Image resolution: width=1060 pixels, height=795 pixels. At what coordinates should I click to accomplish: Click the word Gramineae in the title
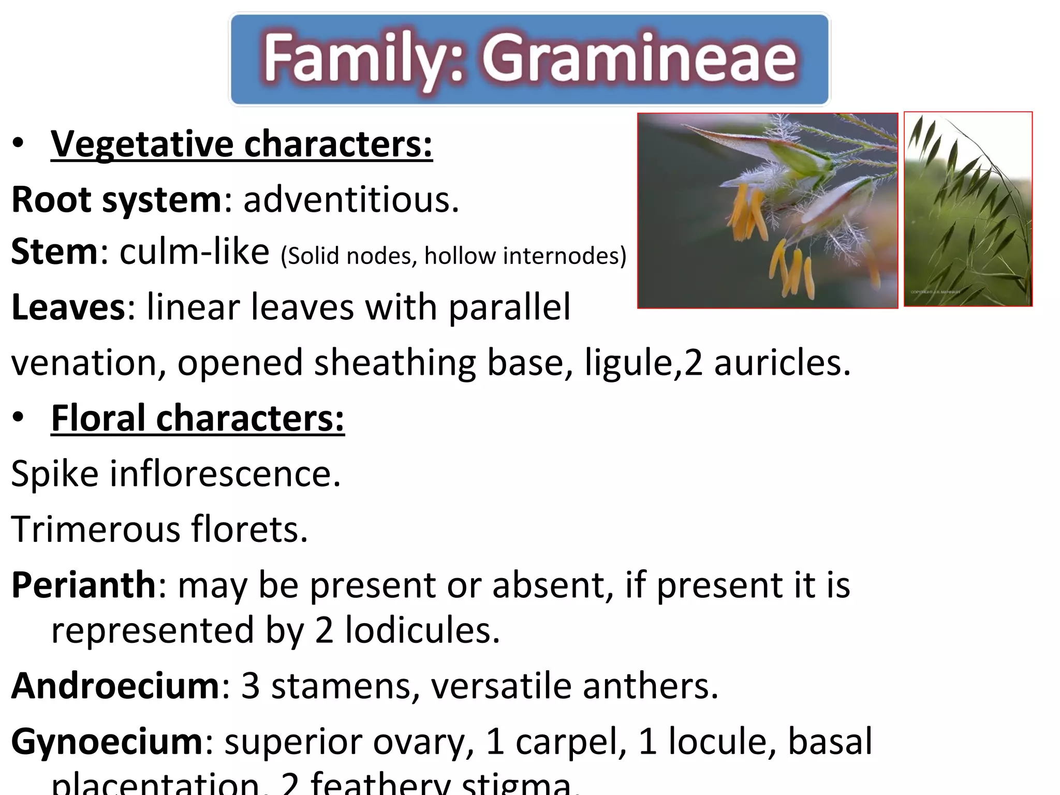tap(639, 58)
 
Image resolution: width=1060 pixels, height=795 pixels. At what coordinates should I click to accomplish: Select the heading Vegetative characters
tap(241, 144)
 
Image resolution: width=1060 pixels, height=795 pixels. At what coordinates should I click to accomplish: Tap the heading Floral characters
tap(198, 418)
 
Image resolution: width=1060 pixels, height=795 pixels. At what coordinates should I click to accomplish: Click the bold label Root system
tap(117, 200)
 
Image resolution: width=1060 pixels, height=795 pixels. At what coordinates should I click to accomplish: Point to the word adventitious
tap(351, 200)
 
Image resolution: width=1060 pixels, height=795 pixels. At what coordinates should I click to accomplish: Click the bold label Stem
tap(54, 252)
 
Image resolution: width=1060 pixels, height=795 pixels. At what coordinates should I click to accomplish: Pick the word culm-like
tap(194, 252)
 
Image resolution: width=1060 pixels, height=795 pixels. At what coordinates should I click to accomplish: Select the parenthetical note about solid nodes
tap(453, 256)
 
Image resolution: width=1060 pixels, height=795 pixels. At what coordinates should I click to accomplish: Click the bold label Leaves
tap(68, 307)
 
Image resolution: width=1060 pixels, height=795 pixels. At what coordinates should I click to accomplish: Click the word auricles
tap(782, 362)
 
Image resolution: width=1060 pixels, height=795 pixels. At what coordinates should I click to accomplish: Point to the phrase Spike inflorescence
tap(176, 474)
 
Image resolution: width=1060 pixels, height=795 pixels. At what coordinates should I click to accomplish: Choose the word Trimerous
tap(95, 529)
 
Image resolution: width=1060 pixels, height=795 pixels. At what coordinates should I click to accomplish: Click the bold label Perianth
tap(83, 585)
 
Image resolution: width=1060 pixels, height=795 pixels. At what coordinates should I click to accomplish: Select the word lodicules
tap(422, 630)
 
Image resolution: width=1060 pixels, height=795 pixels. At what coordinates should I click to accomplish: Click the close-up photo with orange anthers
tap(768, 211)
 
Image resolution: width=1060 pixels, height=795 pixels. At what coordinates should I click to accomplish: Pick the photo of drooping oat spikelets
tap(968, 209)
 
